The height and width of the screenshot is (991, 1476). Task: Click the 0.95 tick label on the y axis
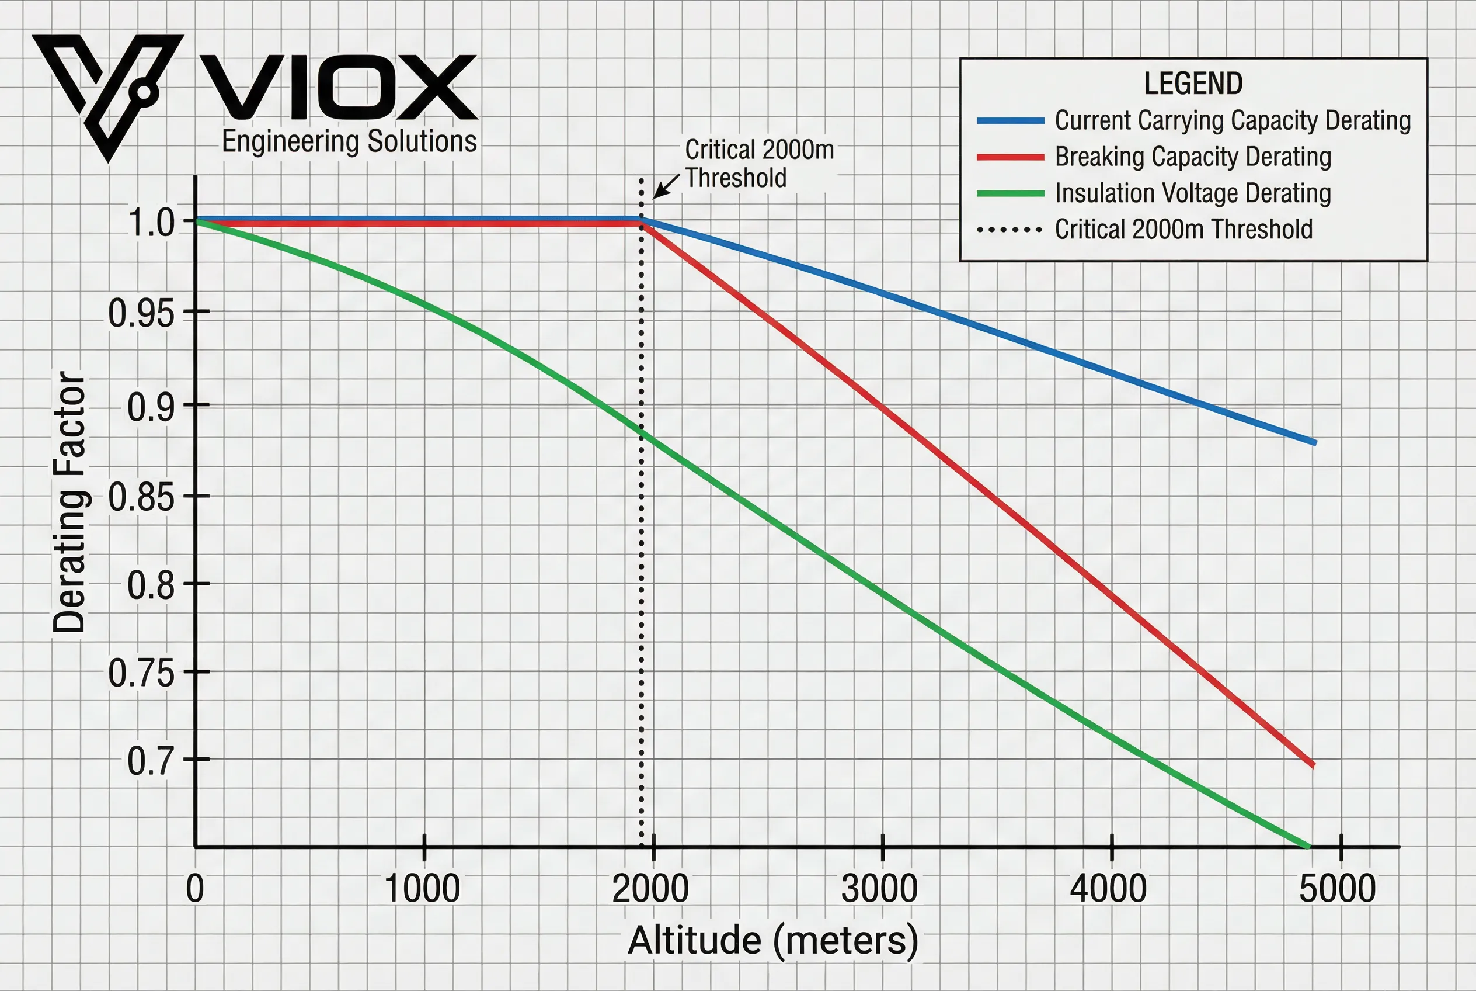pos(141,313)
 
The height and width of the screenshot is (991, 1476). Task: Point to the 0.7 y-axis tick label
pos(150,760)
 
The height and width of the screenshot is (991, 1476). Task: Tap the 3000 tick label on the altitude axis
pos(879,889)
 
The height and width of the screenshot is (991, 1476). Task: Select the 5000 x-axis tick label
pos(1337,889)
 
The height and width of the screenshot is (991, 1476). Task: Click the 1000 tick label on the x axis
pos(422,889)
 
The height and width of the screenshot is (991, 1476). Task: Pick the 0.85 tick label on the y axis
pos(141,497)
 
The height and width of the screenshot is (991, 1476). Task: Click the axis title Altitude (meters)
pos(772,940)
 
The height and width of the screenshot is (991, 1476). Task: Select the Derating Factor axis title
pos(69,502)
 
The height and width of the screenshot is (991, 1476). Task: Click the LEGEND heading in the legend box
pos(1193,84)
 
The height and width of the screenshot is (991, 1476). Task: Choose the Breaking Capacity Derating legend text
pos(1192,157)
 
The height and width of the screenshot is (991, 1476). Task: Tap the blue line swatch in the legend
pos(1010,121)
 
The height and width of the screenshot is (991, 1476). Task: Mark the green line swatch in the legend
pos(1010,193)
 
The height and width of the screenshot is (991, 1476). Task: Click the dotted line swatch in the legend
pos(1010,230)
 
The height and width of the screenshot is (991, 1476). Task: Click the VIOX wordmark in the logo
pos(339,87)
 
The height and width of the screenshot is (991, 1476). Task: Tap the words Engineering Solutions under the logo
pos(349,141)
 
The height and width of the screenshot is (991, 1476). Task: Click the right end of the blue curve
pos(1314,442)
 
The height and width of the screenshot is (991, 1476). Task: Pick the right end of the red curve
pos(1313,765)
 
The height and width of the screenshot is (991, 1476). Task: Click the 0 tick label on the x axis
pos(195,889)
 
